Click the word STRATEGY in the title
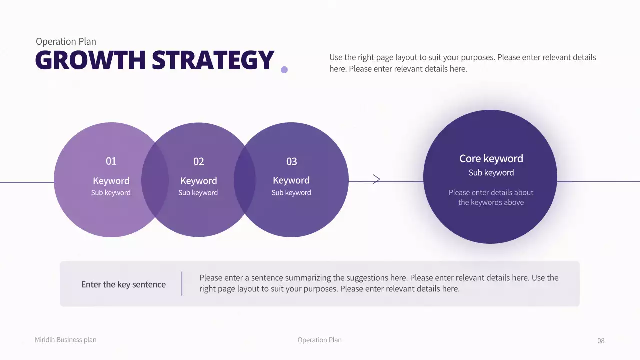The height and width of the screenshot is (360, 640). point(213,60)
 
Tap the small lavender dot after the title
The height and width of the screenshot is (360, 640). point(284,70)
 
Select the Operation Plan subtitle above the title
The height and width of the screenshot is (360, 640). point(66,42)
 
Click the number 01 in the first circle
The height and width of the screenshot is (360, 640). point(111,161)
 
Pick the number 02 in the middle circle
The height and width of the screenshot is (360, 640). point(199,161)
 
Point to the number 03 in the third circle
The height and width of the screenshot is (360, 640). point(291,161)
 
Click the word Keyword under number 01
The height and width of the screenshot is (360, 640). point(111,181)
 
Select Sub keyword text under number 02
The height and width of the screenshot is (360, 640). point(198,193)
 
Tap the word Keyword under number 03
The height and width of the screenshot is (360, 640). point(291,180)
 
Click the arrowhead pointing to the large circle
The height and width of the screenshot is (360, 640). point(376,179)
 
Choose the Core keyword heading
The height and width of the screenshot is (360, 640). point(491,158)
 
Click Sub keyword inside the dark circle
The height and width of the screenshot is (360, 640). point(491,173)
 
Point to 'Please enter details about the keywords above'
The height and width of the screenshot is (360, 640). point(491,197)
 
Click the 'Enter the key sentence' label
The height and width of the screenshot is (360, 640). point(123,284)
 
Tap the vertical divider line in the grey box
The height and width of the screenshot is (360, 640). point(182,283)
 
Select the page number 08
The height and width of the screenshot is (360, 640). point(601,340)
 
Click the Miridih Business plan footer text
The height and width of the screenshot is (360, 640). point(65,340)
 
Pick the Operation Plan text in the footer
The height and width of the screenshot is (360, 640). point(319,340)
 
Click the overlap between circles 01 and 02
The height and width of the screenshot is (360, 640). point(155,180)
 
